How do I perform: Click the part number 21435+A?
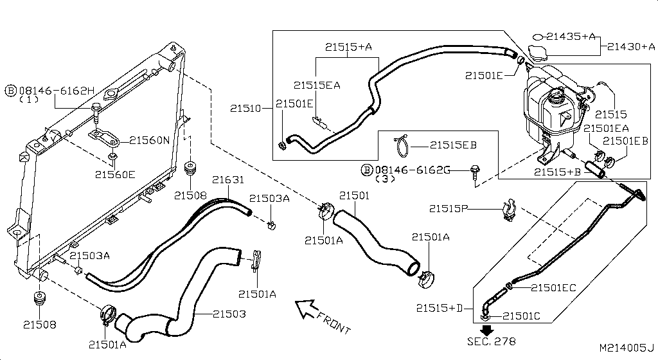click(571, 37)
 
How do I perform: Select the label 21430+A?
click(631, 46)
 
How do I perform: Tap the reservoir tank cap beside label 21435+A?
click(535, 53)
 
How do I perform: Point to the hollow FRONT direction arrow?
click(307, 309)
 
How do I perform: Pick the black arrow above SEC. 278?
click(487, 329)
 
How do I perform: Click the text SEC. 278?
click(492, 341)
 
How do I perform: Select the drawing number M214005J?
click(627, 347)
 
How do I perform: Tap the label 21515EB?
click(453, 145)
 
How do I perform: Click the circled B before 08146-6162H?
click(11, 91)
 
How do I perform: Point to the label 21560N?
click(150, 139)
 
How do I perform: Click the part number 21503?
click(229, 314)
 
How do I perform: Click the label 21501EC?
click(553, 287)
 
